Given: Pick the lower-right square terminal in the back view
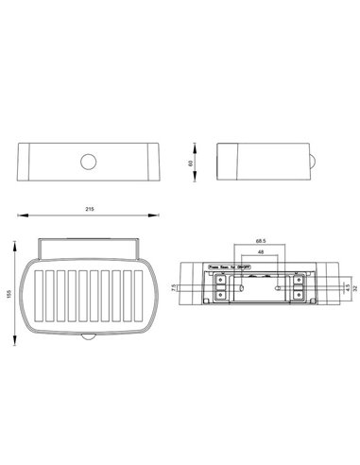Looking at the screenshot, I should pyautogui.click(x=299, y=295).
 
